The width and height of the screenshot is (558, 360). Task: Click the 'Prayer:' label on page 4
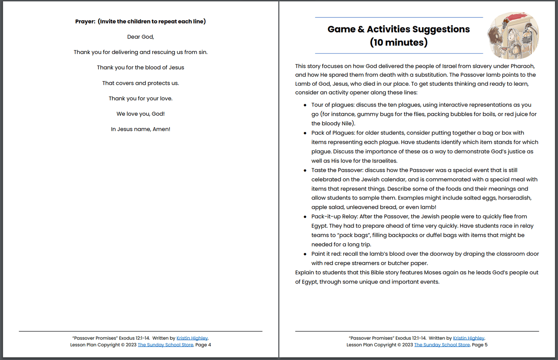tap(85, 22)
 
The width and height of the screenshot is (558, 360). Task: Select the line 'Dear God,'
tap(141, 37)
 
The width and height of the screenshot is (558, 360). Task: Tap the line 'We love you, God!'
tap(141, 114)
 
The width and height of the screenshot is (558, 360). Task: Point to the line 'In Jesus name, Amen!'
tap(141, 129)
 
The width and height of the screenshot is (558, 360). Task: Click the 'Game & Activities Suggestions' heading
tap(399, 29)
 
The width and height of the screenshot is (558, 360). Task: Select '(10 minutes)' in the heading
tap(399, 42)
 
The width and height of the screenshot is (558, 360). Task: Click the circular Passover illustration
tap(513, 35)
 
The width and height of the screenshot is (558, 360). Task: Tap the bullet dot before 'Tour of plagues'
tap(305, 105)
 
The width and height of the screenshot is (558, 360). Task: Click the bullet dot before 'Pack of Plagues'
tap(305, 133)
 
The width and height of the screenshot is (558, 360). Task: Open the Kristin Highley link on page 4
tap(192, 338)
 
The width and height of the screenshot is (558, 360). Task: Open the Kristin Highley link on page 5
tap(468, 338)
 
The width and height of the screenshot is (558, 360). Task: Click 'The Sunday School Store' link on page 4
tap(165, 345)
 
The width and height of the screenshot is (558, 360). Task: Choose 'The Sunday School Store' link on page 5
tap(442, 345)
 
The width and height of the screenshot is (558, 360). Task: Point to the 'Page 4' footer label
tap(203, 345)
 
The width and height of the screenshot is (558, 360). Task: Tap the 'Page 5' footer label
tap(480, 345)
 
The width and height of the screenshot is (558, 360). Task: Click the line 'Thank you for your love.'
tap(141, 99)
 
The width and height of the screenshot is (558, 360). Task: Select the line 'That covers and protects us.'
tap(141, 83)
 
